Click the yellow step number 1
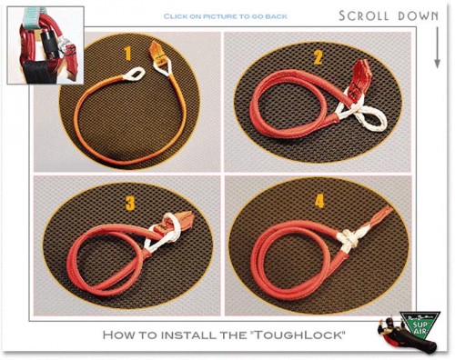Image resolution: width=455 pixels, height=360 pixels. [x=128, y=54]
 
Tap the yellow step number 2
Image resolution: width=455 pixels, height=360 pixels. [x=318, y=57]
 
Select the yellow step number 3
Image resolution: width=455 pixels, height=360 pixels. [x=130, y=203]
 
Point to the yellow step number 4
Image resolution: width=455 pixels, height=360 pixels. [x=319, y=201]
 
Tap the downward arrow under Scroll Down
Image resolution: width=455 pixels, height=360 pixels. [x=437, y=47]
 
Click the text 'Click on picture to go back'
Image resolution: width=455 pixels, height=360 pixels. [x=225, y=16]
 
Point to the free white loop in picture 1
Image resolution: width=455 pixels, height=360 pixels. [x=134, y=74]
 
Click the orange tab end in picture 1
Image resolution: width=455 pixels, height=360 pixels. [x=157, y=51]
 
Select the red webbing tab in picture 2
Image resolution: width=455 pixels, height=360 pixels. [x=359, y=78]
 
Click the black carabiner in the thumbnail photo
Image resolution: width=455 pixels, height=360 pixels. [x=50, y=45]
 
